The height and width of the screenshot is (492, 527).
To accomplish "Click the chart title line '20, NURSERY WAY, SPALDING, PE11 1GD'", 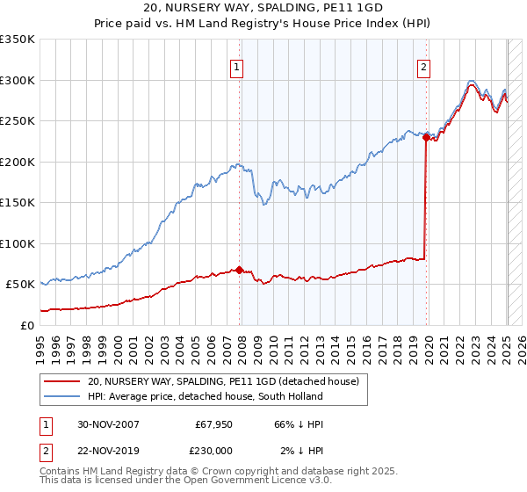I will pyautogui.click(x=263, y=7).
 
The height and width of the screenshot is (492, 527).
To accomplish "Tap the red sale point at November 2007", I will pyautogui.click(x=240, y=270).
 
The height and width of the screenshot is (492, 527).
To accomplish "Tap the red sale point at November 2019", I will pyautogui.click(x=426, y=137).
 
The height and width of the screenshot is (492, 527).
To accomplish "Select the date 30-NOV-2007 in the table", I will pyautogui.click(x=107, y=424).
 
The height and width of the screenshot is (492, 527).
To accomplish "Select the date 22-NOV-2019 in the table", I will pyautogui.click(x=107, y=450).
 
